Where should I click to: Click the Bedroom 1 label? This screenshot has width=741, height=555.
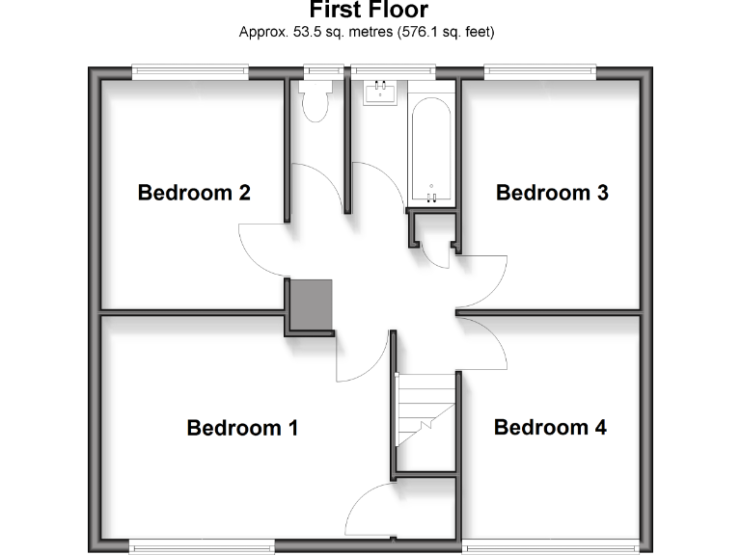point(242,428)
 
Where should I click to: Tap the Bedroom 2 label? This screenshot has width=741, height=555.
point(194,193)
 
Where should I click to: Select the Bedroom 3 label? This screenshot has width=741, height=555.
point(552,193)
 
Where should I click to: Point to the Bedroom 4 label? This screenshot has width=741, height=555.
point(550,428)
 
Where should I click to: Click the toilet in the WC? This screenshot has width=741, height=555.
point(316,102)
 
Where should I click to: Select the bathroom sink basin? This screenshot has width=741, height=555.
point(380,92)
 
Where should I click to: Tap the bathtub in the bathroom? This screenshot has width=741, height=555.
point(429,149)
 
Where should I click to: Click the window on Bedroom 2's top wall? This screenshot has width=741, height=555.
point(190,70)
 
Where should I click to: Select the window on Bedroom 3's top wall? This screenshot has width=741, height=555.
point(539,70)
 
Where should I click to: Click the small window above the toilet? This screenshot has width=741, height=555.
point(324,70)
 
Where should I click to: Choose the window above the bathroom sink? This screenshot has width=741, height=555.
point(392,70)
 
